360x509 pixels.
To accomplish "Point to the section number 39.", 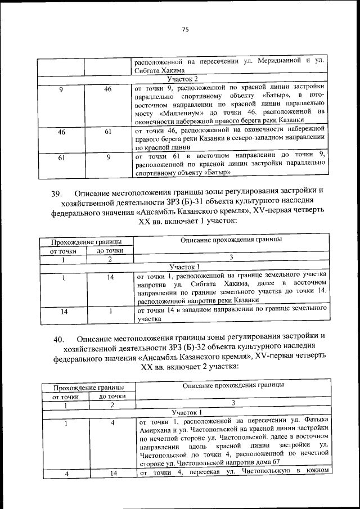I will [x=56, y=194].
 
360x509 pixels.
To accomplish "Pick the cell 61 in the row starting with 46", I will [x=107, y=133].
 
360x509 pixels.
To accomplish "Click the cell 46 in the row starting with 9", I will [x=107, y=89].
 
